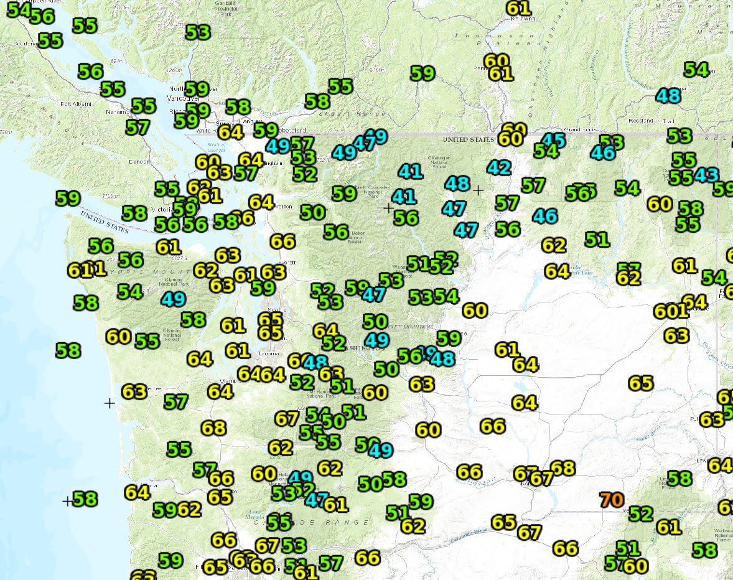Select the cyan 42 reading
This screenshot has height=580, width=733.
500,167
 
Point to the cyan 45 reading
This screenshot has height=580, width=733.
554,140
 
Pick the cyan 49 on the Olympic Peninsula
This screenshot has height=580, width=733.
173,299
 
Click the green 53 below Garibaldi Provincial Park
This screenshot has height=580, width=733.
198,32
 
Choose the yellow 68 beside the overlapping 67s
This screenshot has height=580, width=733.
563,468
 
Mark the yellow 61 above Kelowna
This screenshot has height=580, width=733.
518,8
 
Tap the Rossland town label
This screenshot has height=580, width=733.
639,121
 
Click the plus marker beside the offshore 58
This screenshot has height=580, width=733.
68,500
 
